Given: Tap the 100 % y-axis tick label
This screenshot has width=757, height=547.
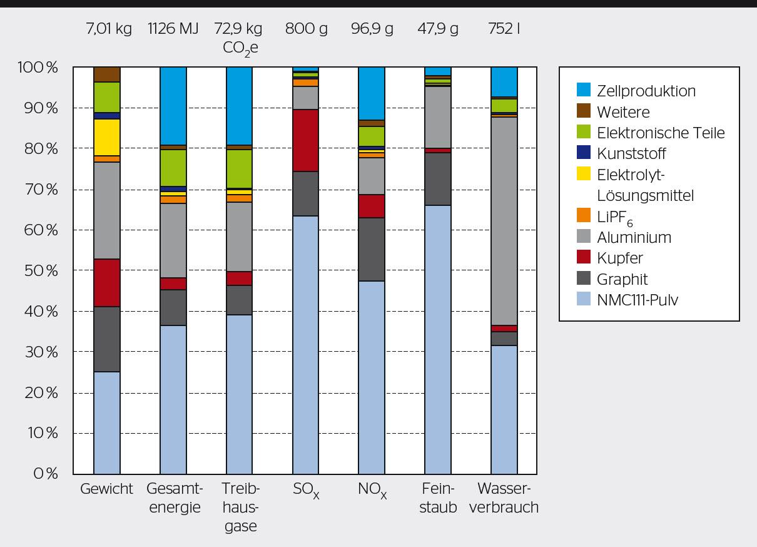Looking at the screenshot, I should (37, 68).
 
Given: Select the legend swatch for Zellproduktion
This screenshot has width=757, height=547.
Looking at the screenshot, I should (583, 90).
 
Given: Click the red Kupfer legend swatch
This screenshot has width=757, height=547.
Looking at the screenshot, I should (583, 257).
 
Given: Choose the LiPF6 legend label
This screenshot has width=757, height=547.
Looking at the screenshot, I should (615, 217).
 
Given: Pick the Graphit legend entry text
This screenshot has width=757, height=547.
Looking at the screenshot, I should (622, 279).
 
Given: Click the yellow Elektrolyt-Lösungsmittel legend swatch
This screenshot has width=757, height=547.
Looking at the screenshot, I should (583, 175).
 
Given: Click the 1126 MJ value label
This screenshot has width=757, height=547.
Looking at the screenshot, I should (173, 29).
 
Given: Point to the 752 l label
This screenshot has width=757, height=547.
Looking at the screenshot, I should (504, 29).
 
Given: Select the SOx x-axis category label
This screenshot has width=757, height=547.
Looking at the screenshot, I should (306, 490).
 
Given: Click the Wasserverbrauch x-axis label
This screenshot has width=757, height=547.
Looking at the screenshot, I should (504, 498).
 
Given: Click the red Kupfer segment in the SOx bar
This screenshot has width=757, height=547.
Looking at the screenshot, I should (306, 140).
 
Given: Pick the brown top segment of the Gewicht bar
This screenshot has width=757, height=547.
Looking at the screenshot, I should (107, 74).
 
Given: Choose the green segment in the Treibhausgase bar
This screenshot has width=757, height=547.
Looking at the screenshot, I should (240, 168).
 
